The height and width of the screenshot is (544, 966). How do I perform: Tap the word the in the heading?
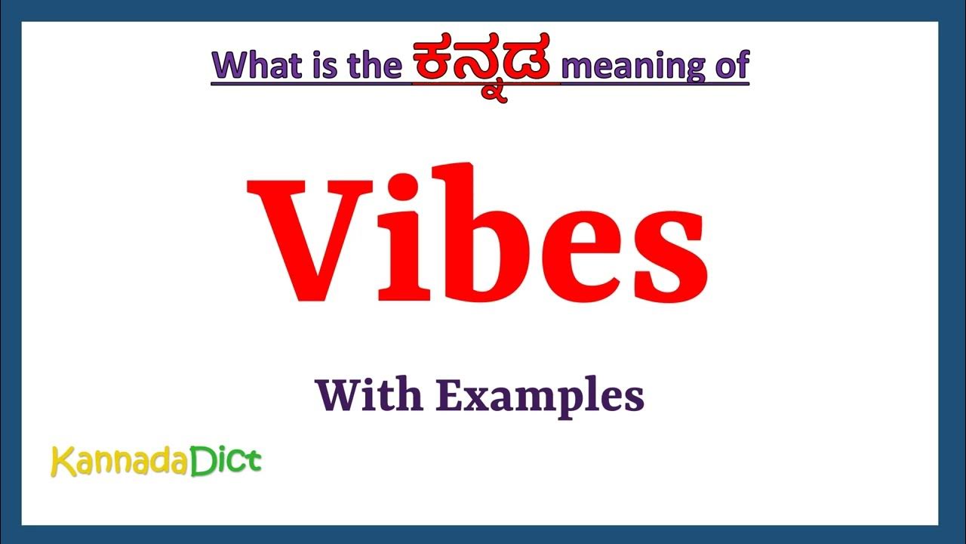click(x=373, y=66)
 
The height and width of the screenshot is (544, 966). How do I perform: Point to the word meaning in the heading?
click(x=632, y=66)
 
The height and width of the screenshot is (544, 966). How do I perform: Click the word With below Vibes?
click(x=368, y=395)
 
